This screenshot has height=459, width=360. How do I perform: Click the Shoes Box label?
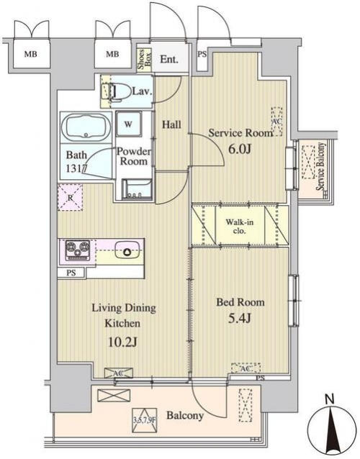click(145, 60)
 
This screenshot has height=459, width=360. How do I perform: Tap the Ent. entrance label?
click(169, 60)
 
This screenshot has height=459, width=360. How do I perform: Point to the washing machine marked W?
click(129, 124)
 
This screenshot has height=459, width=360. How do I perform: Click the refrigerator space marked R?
click(71, 197)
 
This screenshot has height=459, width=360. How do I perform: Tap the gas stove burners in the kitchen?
click(78, 250)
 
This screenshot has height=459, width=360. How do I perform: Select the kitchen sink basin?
click(127, 250)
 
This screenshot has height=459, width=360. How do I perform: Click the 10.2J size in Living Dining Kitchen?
click(122, 342)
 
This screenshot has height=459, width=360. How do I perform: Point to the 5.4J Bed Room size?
click(240, 318)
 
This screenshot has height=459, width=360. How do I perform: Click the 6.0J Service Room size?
click(240, 150)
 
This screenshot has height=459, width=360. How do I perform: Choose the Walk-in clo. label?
click(240, 227)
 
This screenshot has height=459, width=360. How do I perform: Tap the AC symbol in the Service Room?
click(276, 121)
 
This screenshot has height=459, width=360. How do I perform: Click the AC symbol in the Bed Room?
click(246, 368)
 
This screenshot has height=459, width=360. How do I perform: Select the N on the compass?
click(330, 399)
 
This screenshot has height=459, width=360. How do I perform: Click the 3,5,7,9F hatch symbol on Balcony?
click(145, 420)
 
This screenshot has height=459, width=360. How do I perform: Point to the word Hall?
click(171, 125)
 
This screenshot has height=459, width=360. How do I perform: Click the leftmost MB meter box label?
click(31, 54)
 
